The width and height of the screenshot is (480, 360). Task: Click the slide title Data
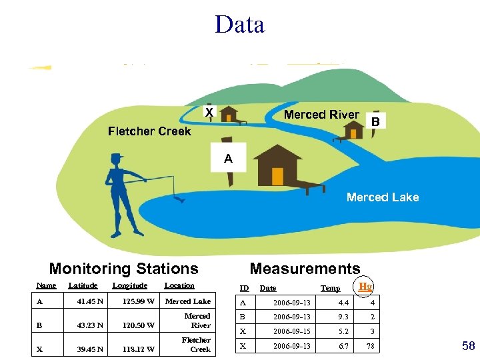coord(240,25)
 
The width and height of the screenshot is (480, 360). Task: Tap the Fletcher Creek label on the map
coord(149,131)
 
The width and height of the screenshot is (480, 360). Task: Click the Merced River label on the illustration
coord(321,115)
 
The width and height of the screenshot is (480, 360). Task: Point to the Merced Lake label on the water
coord(383,197)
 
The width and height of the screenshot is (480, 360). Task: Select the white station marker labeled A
coord(228,158)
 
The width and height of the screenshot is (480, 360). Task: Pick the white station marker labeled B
coord(375,122)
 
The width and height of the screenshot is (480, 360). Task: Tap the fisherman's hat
coord(117,157)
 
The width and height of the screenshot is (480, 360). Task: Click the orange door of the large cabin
coord(277,176)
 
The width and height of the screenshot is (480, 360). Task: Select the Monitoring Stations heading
coord(124,269)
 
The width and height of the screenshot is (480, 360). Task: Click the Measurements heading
coord(305,269)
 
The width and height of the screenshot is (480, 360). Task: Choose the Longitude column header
coord(129,285)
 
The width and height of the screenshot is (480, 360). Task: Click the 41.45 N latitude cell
coord(90,301)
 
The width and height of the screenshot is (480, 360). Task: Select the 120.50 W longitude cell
coord(139,325)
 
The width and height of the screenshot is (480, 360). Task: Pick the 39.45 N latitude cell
coord(90,349)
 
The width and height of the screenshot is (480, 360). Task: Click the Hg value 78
coord(369,345)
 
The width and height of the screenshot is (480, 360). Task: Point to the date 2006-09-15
coord(289,331)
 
